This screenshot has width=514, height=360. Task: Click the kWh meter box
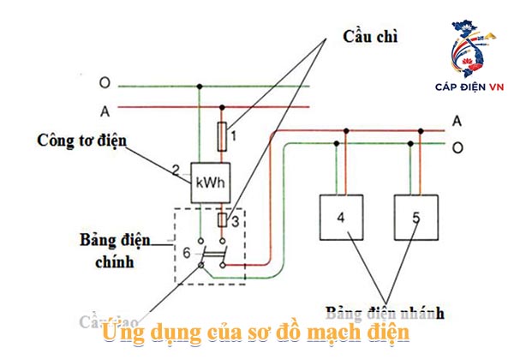[211, 183]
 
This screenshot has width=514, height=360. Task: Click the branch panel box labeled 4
[340, 218]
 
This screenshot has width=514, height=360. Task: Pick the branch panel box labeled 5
[415, 218]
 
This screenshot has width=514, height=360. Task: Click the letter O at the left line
[105, 84]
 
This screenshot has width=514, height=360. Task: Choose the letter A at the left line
[105, 110]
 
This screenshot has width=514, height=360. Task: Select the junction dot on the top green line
[200, 86]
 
